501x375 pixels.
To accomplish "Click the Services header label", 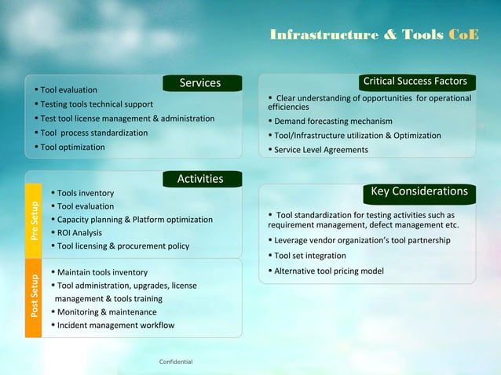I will pyautogui.click(x=200, y=83).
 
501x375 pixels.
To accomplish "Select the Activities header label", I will pyautogui.click(x=200, y=180).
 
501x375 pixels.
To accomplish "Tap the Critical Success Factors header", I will pyautogui.click(x=415, y=82).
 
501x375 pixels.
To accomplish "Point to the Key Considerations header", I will pyautogui.click(x=419, y=192).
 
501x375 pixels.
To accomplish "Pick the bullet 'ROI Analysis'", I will pyautogui.click(x=79, y=232).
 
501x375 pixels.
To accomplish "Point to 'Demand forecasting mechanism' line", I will pyautogui.click(x=333, y=121).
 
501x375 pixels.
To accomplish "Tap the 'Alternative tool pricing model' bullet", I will pyautogui.click(x=328, y=271).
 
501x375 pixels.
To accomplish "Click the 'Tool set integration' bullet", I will pyautogui.click(x=309, y=256).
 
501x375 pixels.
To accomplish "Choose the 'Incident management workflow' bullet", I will pyautogui.click(x=115, y=325).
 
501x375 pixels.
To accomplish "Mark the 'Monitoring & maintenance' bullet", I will pyautogui.click(x=106, y=311).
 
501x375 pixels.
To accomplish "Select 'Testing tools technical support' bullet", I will pyautogui.click(x=97, y=104).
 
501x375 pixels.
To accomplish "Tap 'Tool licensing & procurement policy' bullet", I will pyautogui.click(x=123, y=246).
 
